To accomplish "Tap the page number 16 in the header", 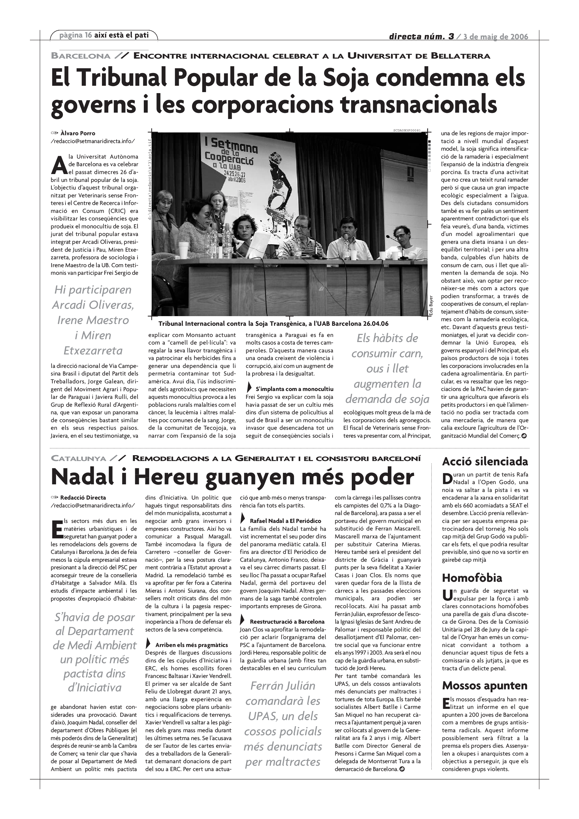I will pyautogui.click(x=88, y=35).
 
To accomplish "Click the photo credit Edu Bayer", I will pyautogui.click(x=431, y=305).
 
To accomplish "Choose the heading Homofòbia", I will pyautogui.click(x=472, y=578).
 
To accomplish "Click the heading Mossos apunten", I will pyautogui.click(x=484, y=686).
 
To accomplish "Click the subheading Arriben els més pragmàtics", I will pyautogui.click(x=191, y=645).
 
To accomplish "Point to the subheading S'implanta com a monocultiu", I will pyautogui.click(x=294, y=389).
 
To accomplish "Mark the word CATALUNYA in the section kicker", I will pyautogui.click(x=78, y=459).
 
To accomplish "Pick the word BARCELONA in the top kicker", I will pyautogui.click(x=81, y=56).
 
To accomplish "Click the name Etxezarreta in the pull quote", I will pyautogui.click(x=93, y=351).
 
